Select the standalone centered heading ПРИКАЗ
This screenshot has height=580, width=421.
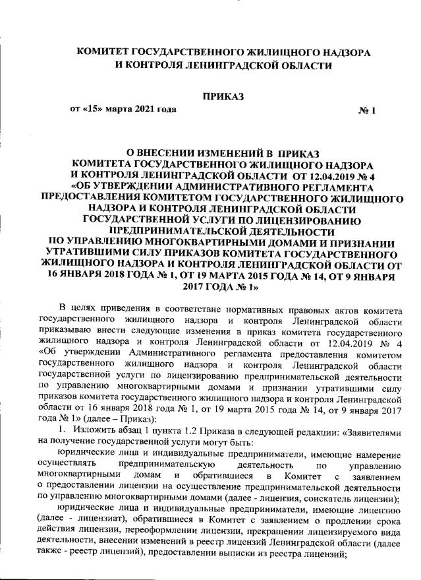pos(223,96)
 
